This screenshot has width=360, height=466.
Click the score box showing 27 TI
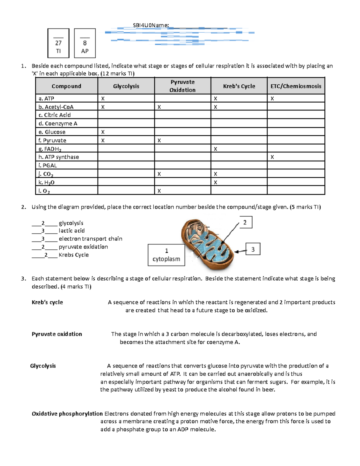(58, 43)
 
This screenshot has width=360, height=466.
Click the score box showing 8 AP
(85, 43)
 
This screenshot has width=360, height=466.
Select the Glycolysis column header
(126, 86)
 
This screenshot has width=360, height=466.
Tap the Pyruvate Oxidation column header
(182, 86)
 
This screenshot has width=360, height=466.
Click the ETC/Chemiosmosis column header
(296, 86)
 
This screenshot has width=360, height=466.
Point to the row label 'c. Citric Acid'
(55, 115)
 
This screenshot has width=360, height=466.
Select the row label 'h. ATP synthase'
(59, 157)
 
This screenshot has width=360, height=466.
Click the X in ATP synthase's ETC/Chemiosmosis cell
(272, 157)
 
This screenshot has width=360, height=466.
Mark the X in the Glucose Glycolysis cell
(103, 132)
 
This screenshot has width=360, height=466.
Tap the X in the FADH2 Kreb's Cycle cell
(215, 149)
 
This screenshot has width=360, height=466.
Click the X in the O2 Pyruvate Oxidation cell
(159, 191)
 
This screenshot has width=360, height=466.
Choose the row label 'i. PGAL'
(48, 165)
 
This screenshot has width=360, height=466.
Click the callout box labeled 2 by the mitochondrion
(245, 222)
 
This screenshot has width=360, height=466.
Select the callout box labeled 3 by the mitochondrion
(253, 249)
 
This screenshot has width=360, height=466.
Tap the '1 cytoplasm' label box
(166, 255)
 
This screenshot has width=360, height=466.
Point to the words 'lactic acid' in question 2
(72, 231)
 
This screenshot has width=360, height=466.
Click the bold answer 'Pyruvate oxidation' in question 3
(57, 334)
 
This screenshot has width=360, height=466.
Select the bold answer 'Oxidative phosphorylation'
(67, 413)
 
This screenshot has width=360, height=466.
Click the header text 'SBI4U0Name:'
(151, 26)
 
